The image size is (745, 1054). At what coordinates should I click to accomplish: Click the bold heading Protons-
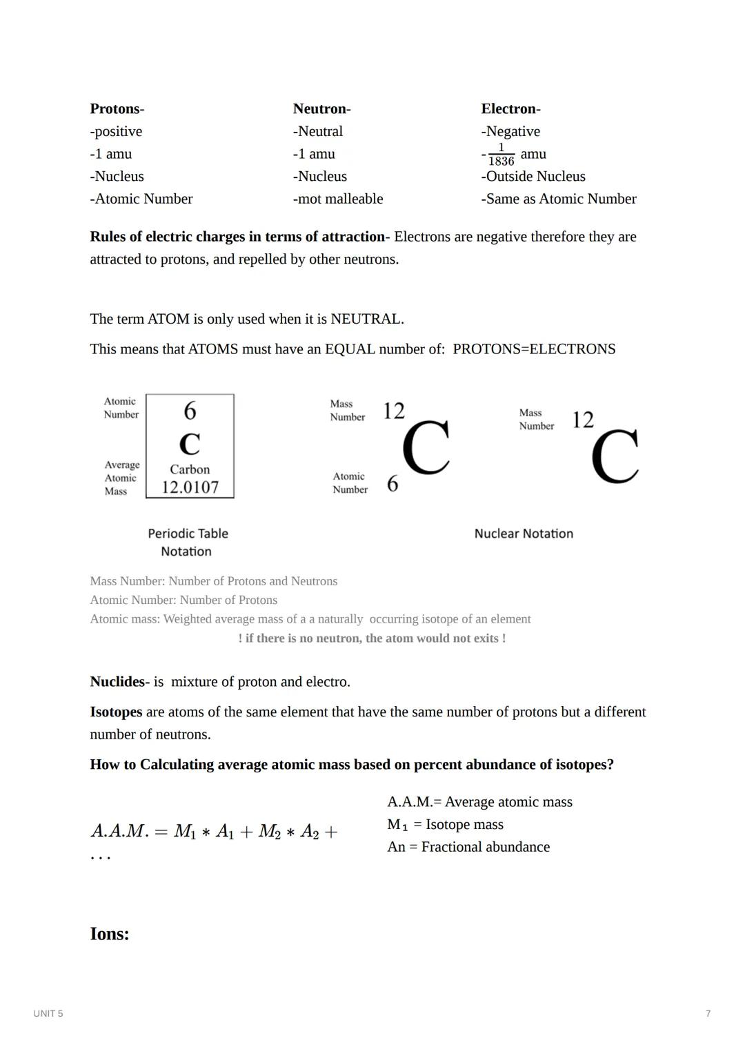117,109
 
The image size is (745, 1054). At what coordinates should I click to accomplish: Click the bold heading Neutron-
321,109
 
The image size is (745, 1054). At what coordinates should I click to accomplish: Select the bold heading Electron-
510,109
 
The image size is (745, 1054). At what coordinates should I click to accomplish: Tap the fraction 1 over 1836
501,155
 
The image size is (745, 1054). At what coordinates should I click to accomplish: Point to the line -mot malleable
337,199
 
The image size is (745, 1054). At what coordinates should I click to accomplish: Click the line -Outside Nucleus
533,177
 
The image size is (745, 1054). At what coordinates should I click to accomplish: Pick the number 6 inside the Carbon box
190,411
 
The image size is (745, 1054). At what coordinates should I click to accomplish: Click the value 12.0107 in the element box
190,487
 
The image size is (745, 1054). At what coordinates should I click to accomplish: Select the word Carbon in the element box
190,469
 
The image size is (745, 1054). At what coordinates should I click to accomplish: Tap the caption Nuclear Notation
524,534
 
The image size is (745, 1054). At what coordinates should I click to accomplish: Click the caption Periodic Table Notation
188,543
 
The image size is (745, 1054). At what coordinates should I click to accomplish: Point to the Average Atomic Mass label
121,478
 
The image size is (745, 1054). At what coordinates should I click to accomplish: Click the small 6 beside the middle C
393,484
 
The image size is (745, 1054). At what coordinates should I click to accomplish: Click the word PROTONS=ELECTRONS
533,349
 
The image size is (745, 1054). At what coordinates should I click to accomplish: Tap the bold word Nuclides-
119,682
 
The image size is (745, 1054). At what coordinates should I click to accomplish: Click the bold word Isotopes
116,712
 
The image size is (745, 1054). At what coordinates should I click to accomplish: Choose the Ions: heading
110,934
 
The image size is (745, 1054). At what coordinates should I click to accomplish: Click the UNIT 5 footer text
48,1014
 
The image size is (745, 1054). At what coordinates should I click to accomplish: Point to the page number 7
708,1014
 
